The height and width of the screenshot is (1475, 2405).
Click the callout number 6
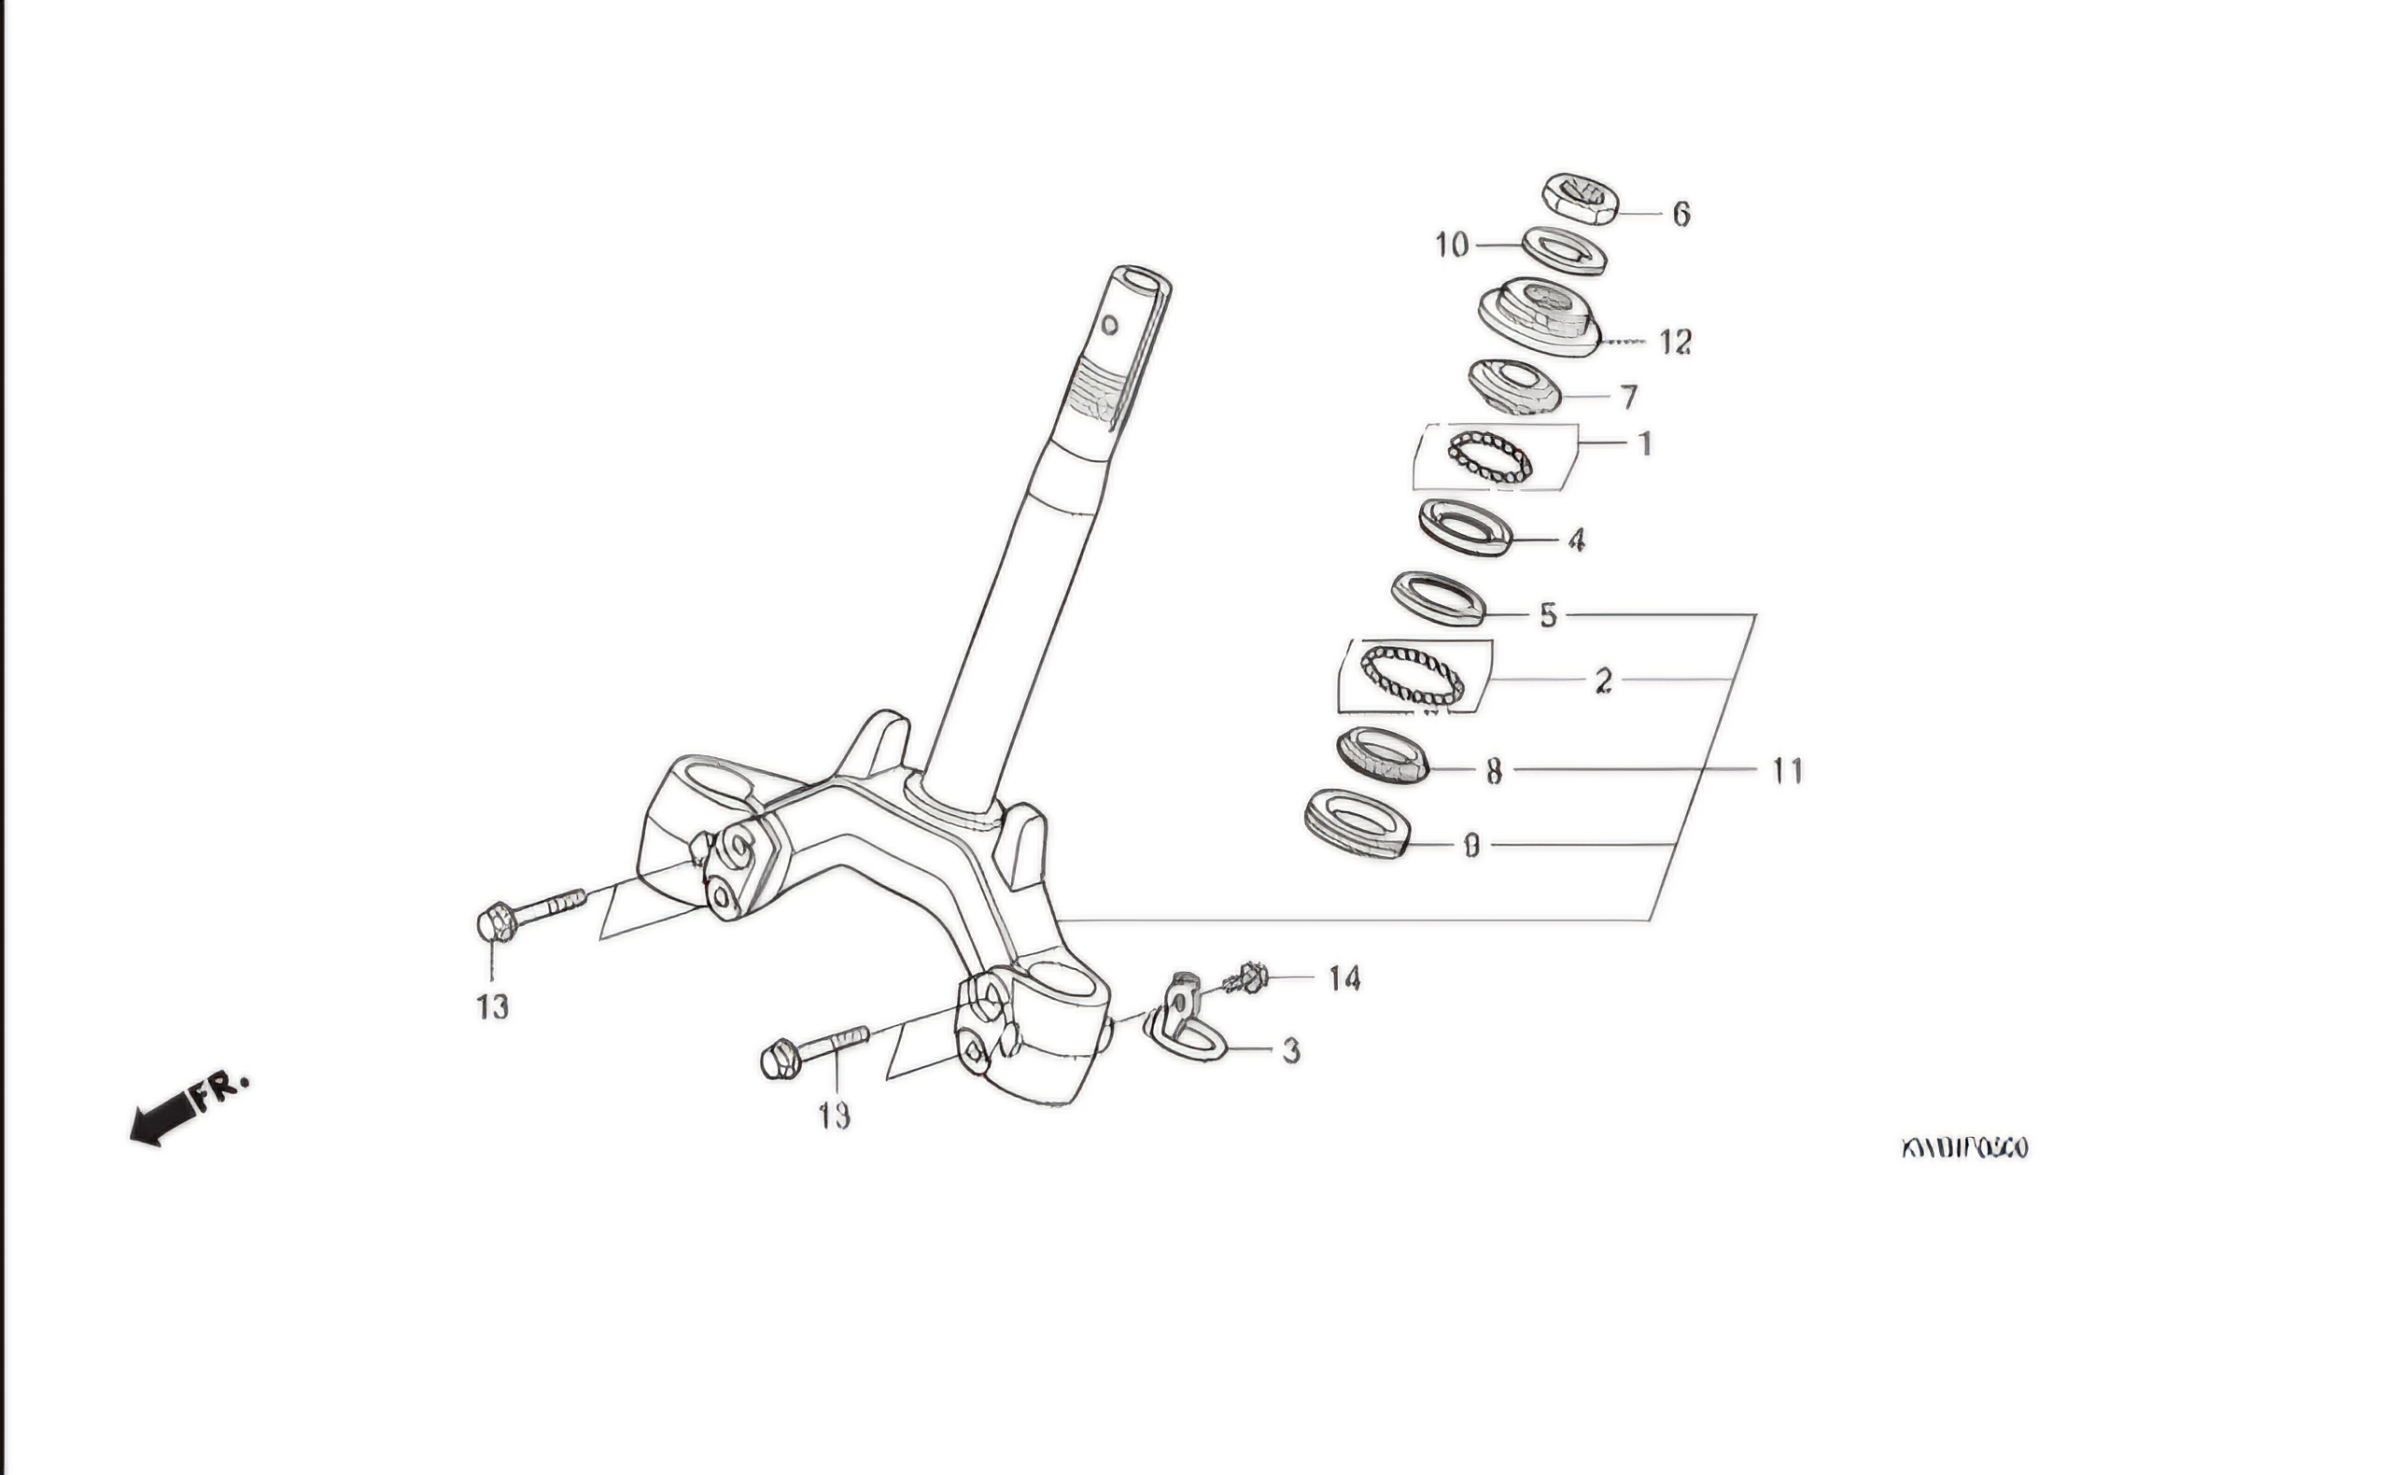click(x=1681, y=214)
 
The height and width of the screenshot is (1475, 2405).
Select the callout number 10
click(x=1452, y=244)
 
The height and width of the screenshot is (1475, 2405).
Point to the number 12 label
click(x=1675, y=342)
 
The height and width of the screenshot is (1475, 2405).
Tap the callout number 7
click(x=1628, y=398)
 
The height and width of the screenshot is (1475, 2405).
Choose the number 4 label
click(x=1575, y=540)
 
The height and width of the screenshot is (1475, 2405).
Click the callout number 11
click(x=1787, y=771)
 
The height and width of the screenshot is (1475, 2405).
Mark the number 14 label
click(x=1344, y=978)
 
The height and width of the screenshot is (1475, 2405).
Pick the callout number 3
click(x=1290, y=1051)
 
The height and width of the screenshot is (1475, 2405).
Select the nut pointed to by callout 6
click(x=1581, y=198)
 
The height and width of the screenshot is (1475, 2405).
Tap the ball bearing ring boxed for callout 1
click(x=1489, y=457)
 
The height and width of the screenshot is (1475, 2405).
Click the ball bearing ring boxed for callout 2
click(x=1413, y=675)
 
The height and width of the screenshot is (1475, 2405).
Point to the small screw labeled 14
click(x=1246, y=977)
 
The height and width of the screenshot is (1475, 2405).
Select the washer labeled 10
click(x=1564, y=250)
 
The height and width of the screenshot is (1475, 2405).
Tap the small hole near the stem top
click(x=1109, y=324)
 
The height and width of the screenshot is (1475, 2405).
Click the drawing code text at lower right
click(x=1963, y=1148)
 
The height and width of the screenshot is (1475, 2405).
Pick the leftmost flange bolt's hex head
click(x=496, y=923)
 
